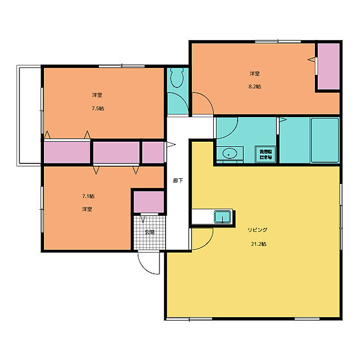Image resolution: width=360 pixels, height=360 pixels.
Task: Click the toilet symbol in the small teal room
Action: point(176,77)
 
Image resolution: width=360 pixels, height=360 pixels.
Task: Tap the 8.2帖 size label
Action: point(255,87)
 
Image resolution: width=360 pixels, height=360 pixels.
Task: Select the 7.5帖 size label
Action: point(98,109)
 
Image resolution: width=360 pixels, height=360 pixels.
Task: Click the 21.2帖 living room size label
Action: point(258,243)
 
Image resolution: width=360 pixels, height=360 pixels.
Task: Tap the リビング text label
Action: point(257,230)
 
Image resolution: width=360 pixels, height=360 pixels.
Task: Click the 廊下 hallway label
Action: point(178,181)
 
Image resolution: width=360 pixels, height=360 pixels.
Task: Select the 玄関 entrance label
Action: point(149,233)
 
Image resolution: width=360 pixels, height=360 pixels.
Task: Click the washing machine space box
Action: point(266,154)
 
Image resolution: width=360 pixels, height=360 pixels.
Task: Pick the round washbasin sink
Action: point(230,153)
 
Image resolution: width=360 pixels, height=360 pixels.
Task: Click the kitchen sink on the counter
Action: point(223,217)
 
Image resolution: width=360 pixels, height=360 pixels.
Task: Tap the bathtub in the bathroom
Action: point(325,141)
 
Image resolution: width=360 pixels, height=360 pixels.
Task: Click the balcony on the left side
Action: point(29,114)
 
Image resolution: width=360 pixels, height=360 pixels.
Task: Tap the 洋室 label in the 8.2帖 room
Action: point(255,74)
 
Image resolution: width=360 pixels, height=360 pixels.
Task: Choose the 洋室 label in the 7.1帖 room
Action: point(87,209)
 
